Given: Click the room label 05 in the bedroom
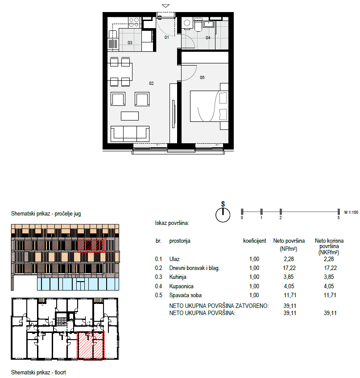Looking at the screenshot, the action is (202, 77).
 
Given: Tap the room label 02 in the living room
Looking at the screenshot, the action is (151, 83).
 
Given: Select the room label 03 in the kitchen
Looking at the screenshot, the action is (130, 43).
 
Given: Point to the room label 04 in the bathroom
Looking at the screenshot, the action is (208, 38).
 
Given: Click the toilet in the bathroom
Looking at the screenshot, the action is (198, 25).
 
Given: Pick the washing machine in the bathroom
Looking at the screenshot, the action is (187, 23).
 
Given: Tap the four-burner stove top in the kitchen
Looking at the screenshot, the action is (134, 22).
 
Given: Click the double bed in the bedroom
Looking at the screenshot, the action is (209, 106).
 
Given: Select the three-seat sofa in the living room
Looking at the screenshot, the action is (130, 134).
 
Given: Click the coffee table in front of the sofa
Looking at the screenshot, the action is (130, 116).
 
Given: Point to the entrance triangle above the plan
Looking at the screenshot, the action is (166, 6).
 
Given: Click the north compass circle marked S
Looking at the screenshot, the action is (223, 215).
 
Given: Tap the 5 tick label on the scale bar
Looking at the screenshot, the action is (338, 218).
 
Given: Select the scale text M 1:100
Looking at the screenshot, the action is (351, 212).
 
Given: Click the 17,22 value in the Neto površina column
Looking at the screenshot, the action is (289, 268).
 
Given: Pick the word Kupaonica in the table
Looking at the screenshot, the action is (181, 286).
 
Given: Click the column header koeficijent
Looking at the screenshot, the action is (254, 241).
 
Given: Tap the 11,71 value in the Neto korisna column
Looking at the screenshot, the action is (330, 295).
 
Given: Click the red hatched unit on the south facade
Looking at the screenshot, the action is (91, 245).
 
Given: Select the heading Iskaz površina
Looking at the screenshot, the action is (172, 223).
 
